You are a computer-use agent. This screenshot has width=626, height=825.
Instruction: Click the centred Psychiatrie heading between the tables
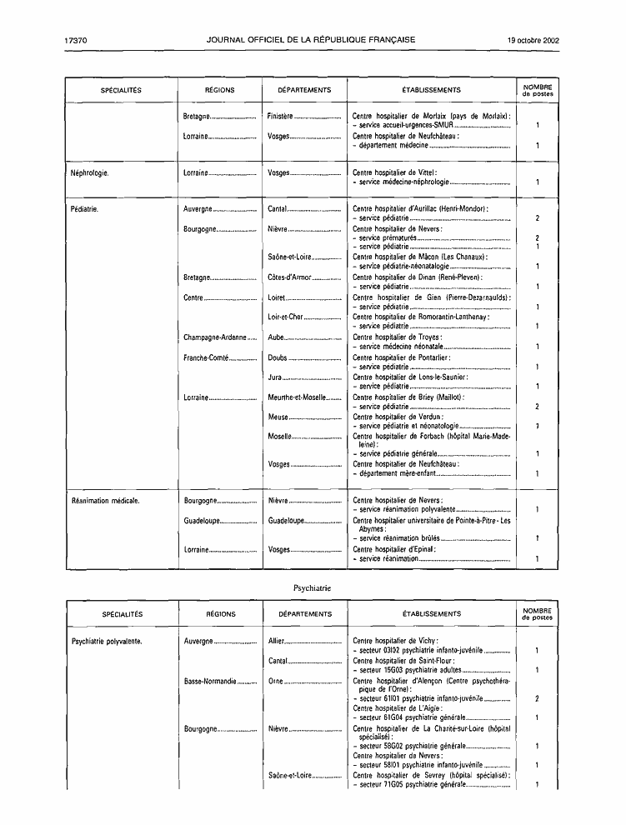coord(313,587)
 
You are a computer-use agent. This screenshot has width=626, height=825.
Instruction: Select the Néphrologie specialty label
coord(90,173)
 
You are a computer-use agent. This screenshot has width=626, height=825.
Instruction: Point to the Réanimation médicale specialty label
coord(105,501)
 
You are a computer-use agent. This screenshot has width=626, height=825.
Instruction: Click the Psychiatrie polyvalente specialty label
coord(107,642)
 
